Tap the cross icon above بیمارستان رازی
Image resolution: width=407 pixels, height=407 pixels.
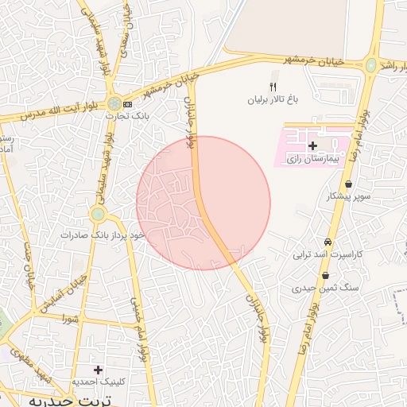(312, 146)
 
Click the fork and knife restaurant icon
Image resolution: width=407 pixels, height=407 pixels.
(273, 87)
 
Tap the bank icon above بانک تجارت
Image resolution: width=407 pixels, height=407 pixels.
(127, 104)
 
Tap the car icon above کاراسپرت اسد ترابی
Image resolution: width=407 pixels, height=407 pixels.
(328, 242)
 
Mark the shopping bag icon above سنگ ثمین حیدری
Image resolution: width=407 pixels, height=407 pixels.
(324, 275)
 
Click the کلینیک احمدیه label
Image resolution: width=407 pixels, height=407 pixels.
(99, 382)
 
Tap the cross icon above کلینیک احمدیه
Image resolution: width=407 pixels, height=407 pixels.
(98, 370)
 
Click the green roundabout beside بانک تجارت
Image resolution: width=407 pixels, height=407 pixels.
(115, 103)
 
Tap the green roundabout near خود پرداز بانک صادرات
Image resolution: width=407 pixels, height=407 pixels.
(97, 214)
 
